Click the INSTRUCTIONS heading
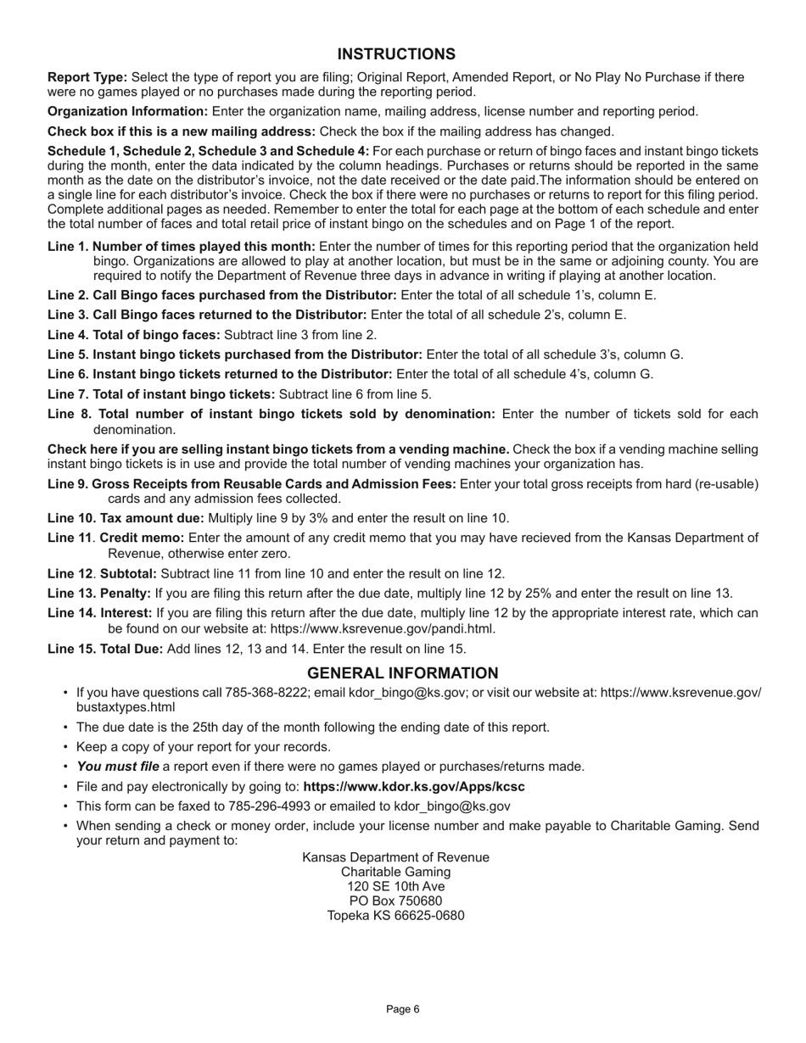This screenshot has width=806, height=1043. pos(402,54)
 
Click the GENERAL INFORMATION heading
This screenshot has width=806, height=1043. pos(402,673)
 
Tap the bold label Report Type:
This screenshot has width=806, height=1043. pos(87,77)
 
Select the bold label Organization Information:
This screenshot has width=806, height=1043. pos(127,111)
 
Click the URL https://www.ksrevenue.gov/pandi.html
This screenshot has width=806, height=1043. pos(383,629)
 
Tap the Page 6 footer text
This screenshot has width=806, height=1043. pos(402,1009)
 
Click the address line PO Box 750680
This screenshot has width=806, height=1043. pos(395,901)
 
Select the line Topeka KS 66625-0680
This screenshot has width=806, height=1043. pos(395,916)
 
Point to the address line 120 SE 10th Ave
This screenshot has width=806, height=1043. pos(395,886)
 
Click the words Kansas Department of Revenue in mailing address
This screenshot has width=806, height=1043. pos(395,857)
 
